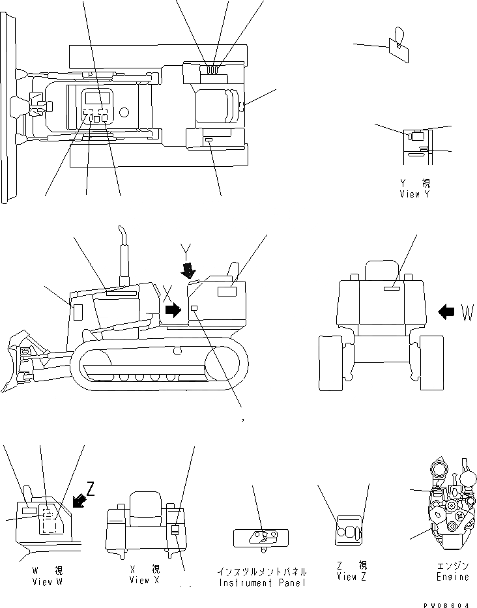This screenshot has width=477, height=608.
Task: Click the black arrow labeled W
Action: pos(446,312)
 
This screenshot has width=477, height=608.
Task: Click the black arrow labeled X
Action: pos(173,310)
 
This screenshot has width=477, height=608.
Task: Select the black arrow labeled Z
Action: pos(80,500)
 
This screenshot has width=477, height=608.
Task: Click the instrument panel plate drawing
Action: pos(260,537)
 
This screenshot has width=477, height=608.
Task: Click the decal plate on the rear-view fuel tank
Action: pos(392,287)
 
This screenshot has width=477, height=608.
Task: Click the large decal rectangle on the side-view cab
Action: pos(226,291)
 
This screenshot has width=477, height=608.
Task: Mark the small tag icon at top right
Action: pos(397,44)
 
